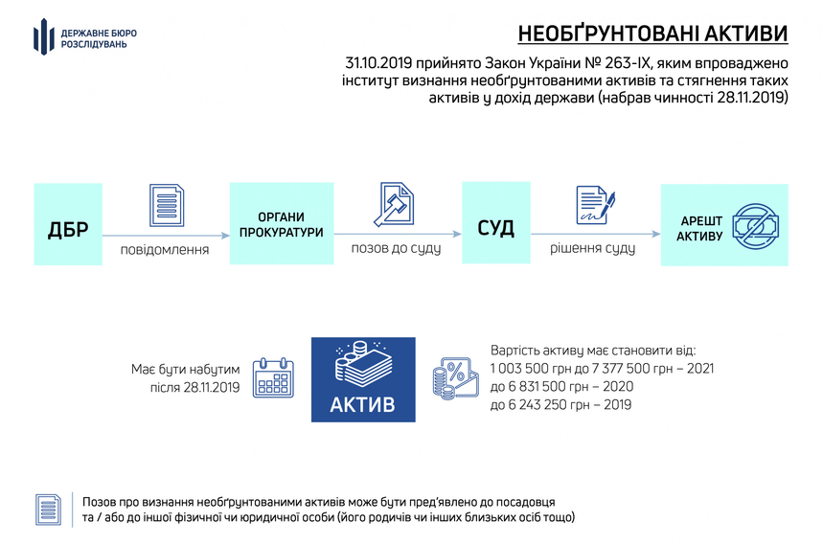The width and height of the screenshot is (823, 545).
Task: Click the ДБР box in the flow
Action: pyautogui.click(x=68, y=224)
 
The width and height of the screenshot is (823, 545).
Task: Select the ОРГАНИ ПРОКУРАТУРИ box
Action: pyautogui.click(x=282, y=223)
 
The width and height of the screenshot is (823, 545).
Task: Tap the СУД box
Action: pyautogui.click(x=496, y=223)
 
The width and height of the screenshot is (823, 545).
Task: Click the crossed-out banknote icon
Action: pyautogui.click(x=755, y=226)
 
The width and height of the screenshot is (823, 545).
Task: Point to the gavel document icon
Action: pyautogui.click(x=394, y=204)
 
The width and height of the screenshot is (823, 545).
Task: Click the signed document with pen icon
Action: pyautogui.click(x=595, y=205)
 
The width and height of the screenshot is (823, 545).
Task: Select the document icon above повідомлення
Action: pyautogui.click(x=167, y=205)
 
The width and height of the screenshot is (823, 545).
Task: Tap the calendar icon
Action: pyautogui.click(x=273, y=377)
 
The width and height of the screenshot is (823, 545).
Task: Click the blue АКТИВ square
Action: pyautogui.click(x=363, y=379)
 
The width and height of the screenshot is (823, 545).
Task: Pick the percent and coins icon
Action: pyautogui.click(x=456, y=378)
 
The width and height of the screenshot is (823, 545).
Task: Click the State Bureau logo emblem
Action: pyautogui.click(x=44, y=36)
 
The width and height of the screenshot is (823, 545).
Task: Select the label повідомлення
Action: pyautogui.click(x=165, y=250)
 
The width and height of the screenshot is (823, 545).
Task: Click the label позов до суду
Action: pyautogui.click(x=396, y=248)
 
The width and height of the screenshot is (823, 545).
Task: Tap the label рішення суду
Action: pyautogui.click(x=593, y=248)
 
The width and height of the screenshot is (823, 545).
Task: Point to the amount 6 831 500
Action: pyautogui.click(x=536, y=387)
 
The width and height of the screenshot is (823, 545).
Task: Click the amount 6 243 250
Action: pyautogui.click(x=536, y=405)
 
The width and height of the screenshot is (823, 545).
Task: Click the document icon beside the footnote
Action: pyautogui.click(x=48, y=510)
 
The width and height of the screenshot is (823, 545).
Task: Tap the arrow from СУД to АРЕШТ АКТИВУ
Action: pyautogui.click(x=596, y=234)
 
